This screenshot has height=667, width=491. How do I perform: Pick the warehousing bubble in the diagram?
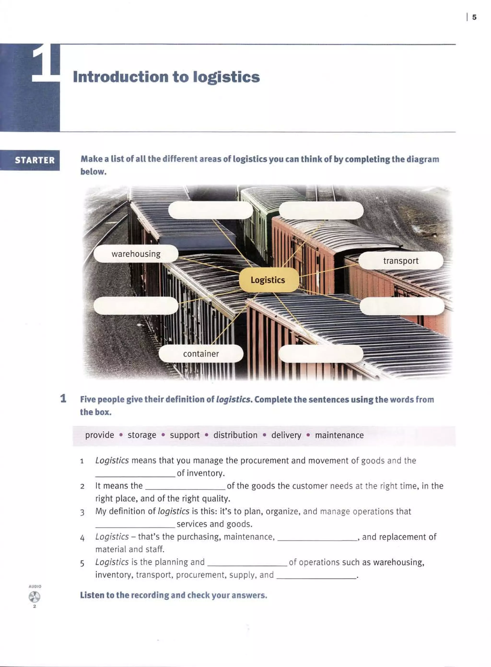[136, 254]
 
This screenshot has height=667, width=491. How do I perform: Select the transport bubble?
[401, 261]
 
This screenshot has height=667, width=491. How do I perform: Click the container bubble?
[201, 354]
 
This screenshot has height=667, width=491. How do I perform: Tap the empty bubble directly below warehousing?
[136, 305]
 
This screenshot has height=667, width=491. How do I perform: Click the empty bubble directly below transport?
[402, 306]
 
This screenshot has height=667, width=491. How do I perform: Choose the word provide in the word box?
[99, 435]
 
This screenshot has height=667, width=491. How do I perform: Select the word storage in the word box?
[142, 435]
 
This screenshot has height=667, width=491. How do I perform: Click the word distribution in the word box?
[235, 435]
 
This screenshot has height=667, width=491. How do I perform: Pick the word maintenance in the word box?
[339, 435]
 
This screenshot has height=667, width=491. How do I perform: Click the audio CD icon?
[35, 596]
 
